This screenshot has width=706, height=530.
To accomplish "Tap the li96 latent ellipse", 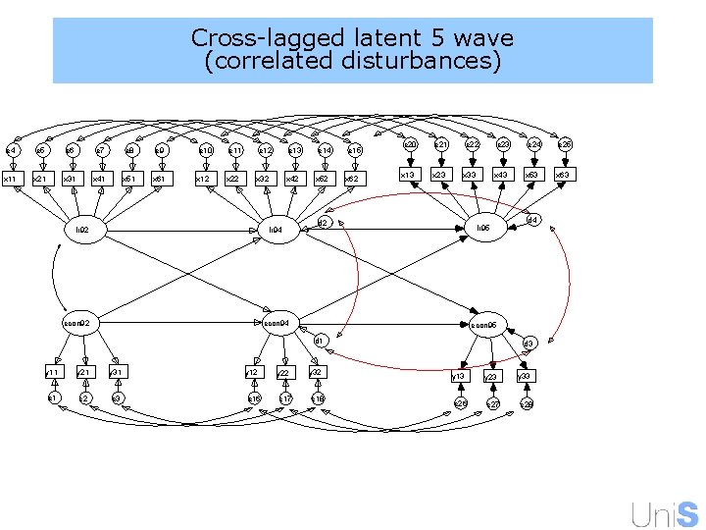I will tap(483, 228).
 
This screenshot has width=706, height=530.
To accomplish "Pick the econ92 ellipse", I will tap(77, 322).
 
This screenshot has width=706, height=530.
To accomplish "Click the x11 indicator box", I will tap(10, 179).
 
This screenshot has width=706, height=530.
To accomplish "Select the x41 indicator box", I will tap(99, 179).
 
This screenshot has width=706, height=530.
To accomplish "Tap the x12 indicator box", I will tap(202, 179).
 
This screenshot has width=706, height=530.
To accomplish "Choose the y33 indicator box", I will tap(526, 376).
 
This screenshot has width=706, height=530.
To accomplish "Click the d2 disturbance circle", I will tap(321, 224).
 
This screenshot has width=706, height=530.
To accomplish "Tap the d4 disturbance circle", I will tap(533, 219).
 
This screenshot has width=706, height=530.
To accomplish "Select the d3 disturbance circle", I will tap(528, 344).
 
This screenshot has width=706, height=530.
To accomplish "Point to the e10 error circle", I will tap(206, 150).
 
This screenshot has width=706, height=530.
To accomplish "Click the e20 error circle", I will tap(412, 144).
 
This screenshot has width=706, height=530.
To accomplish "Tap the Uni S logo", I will tap(666, 512).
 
